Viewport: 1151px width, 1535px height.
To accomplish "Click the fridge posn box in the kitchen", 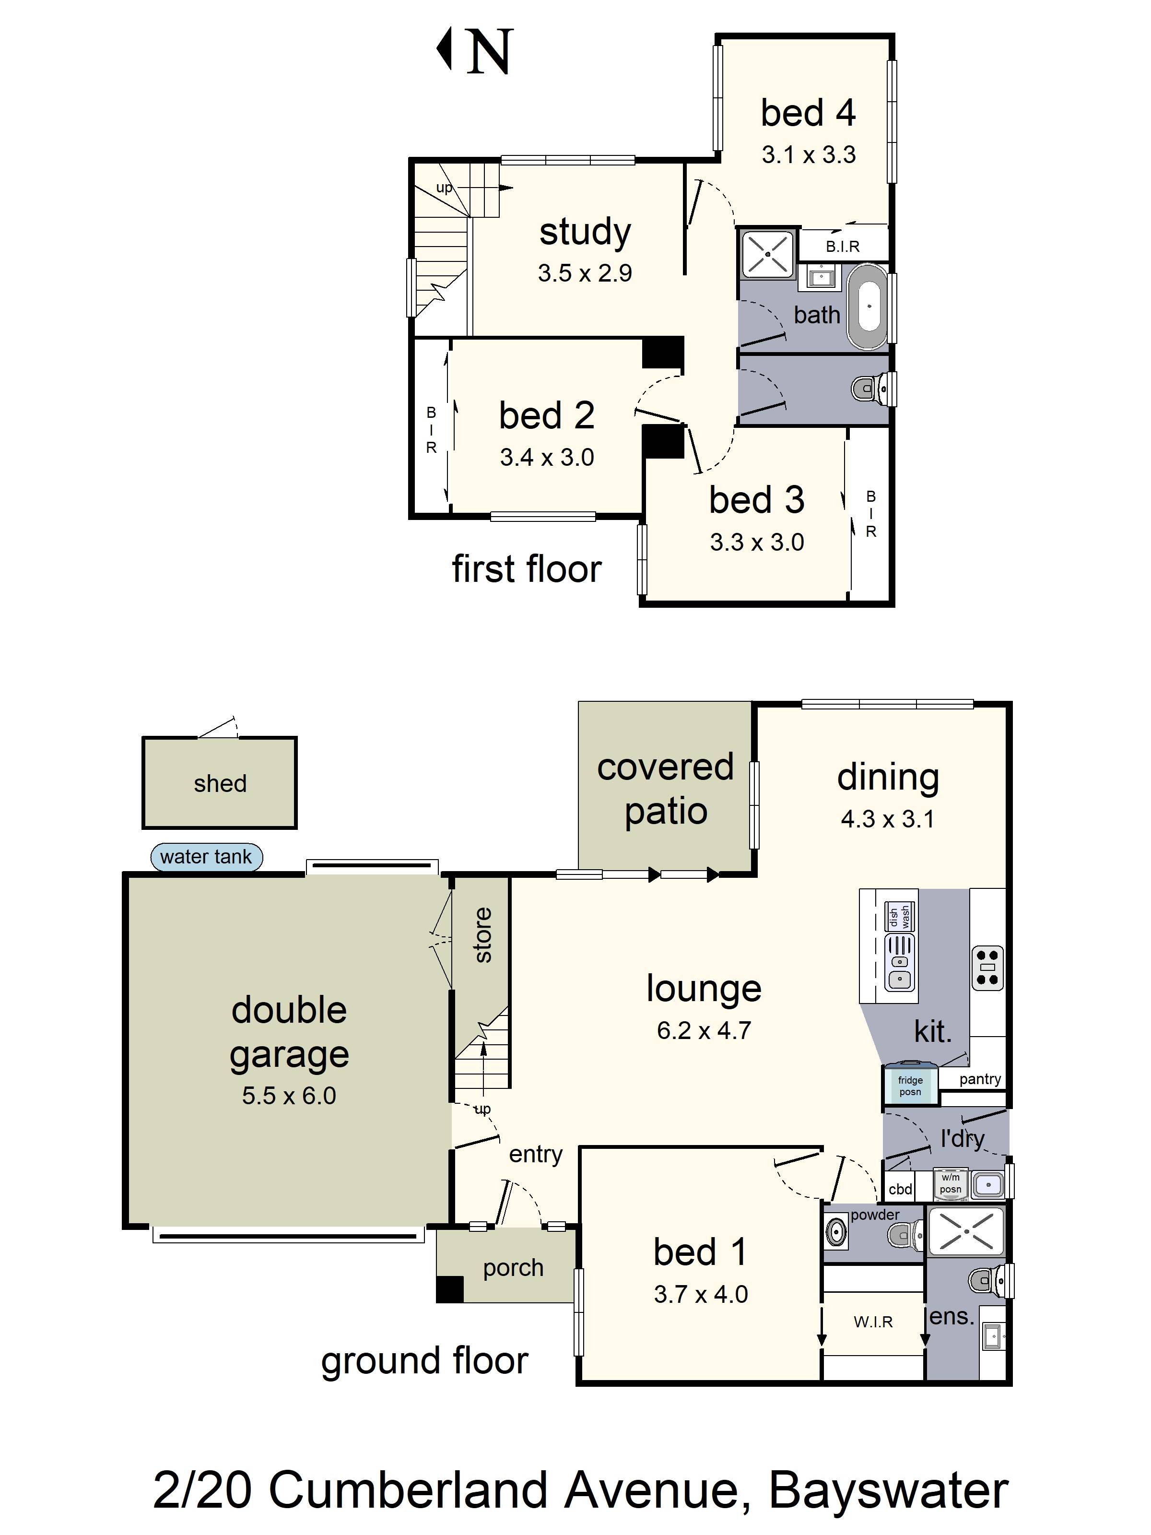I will tap(910, 1086).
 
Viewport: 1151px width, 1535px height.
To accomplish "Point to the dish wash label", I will tap(900, 917).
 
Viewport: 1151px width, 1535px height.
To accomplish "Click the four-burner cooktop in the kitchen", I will tap(987, 968).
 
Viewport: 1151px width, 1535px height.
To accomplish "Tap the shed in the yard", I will tap(219, 783).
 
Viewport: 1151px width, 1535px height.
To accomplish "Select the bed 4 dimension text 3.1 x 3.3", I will tap(808, 155).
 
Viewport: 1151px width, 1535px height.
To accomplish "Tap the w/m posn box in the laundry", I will tap(951, 1183).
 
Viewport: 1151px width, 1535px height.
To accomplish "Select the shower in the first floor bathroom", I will tap(767, 254).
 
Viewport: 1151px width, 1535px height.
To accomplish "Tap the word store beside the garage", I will tap(483, 935).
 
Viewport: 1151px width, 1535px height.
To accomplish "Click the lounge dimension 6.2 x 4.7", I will tap(704, 1030).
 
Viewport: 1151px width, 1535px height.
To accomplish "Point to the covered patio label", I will tap(665, 789).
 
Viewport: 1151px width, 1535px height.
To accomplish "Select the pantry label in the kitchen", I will tap(980, 1079).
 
